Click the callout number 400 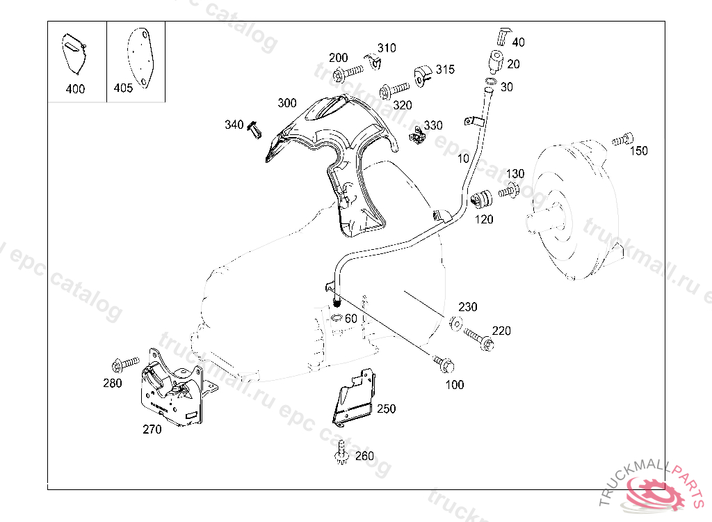(74, 89)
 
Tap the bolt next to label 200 (352, 71)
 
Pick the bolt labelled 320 (394, 90)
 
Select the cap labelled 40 (503, 35)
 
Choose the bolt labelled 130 (509, 190)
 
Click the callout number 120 (484, 219)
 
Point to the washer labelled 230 (455, 322)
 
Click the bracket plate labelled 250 (353, 398)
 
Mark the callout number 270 (152, 429)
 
